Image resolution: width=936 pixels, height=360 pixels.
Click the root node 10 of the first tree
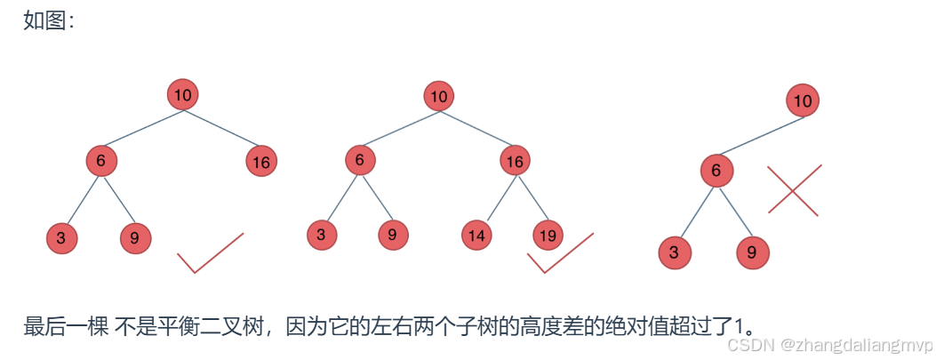182,94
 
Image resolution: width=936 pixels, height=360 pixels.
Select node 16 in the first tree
260,162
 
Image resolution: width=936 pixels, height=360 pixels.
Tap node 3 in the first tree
61,238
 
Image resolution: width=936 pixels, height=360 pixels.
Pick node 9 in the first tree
135,238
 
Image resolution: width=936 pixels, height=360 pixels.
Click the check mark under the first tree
209,254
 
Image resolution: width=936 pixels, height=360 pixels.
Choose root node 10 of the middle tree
438,96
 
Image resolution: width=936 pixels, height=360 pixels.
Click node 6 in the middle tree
360,160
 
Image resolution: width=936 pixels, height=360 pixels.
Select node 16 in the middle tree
515,161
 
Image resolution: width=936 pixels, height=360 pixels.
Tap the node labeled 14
477,236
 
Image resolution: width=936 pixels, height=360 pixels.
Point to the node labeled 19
548,236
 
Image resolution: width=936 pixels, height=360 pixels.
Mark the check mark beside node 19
560,254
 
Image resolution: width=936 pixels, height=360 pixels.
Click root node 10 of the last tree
803,101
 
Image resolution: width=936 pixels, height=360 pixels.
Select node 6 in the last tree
716,171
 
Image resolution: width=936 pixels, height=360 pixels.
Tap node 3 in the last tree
675,252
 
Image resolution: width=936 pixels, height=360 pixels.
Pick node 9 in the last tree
752,252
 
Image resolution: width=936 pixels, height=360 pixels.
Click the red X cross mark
794,189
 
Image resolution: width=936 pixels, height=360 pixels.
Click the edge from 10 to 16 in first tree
221,128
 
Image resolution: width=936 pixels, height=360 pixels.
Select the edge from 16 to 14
495,199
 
